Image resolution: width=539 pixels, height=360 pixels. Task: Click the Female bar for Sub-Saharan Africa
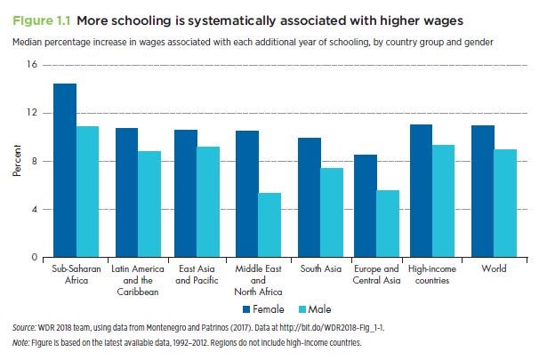(x=64, y=171)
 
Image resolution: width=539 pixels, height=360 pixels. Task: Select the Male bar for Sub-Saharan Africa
(x=87, y=192)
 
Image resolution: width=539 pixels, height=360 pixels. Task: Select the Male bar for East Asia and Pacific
(x=209, y=202)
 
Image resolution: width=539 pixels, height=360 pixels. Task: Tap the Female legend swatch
(x=249, y=309)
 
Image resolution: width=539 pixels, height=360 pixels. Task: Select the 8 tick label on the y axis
(x=35, y=161)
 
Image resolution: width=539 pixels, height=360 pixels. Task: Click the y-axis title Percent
(x=16, y=160)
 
